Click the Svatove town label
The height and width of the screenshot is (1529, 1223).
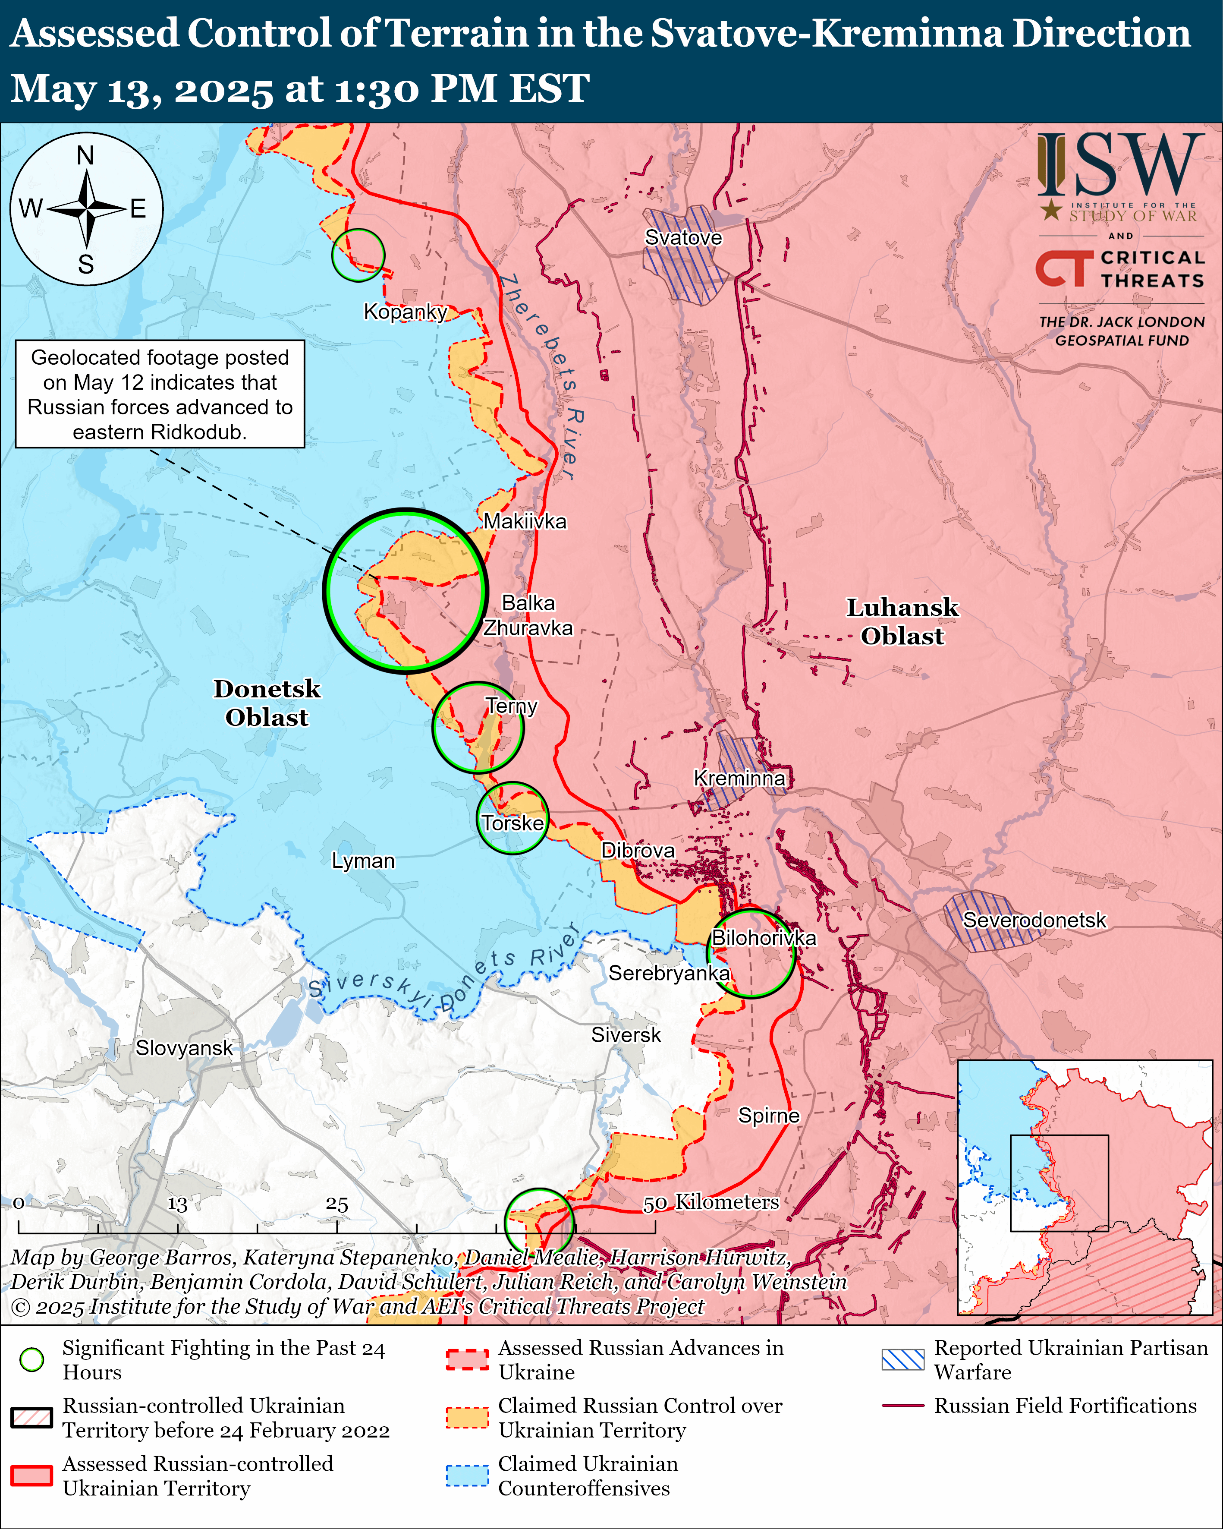pos(683,238)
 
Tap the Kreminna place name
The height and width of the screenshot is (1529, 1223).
pos(739,778)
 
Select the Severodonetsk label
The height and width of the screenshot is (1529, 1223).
pos(1034,920)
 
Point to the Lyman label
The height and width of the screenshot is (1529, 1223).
pos(363,861)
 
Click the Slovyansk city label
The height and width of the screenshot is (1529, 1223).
pos(184,1048)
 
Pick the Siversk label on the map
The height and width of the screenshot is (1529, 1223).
pos(626,1035)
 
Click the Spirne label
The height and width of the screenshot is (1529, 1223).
pos(769,1116)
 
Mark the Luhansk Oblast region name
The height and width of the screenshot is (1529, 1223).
pos(902,621)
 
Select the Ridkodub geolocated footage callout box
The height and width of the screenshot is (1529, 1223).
pos(160,394)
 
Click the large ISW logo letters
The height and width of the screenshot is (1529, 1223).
pos(1120,166)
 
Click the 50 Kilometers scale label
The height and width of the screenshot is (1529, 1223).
pos(711,1202)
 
